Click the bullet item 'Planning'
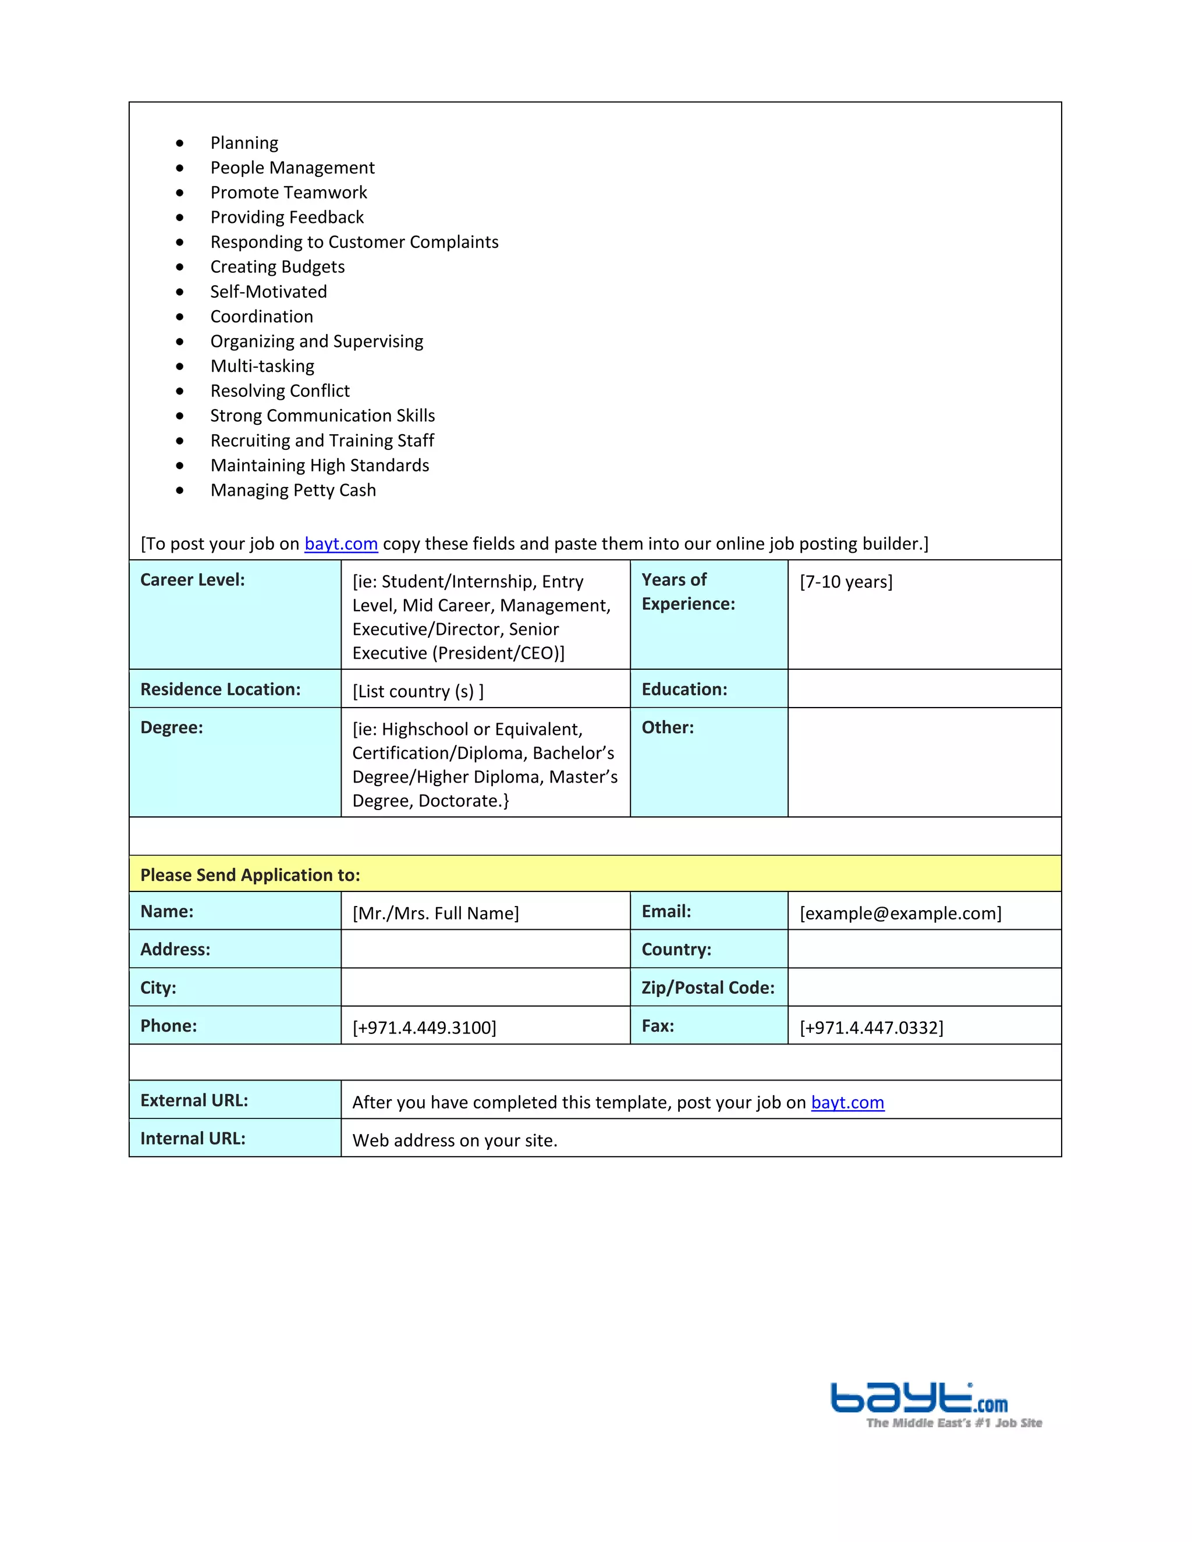point(244,143)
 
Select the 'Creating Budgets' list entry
point(277,267)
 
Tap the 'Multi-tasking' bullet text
point(262,367)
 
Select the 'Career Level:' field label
point(192,580)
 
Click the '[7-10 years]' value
point(845,582)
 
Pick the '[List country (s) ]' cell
point(417,691)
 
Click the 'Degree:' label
point(172,728)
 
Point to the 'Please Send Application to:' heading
point(250,876)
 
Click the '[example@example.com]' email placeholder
point(900,914)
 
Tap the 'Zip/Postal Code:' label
point(708,988)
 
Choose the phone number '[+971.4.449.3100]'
point(424,1028)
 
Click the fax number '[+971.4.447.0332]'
point(871,1028)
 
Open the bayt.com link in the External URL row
point(847,1103)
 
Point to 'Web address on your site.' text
point(454,1141)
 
